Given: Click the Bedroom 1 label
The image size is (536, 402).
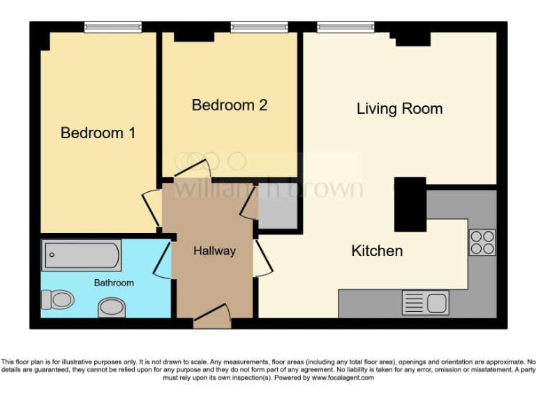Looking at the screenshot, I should tap(98, 133).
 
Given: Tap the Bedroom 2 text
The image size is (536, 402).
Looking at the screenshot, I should tap(230, 105).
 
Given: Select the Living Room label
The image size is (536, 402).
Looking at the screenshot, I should tap(399, 109).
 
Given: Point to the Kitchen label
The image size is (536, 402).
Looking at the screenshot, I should tap(377, 251).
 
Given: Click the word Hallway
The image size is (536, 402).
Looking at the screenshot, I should tap(214, 251).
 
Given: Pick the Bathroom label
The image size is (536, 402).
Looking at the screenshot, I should tap(114, 283).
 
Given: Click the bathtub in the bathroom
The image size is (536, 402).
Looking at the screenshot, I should tap(81, 255).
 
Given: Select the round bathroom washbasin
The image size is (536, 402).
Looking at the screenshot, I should tap(112, 307).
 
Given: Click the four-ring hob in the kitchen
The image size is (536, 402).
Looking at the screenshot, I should tap(482, 242).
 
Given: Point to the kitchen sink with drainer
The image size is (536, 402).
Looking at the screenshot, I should tap(425, 304).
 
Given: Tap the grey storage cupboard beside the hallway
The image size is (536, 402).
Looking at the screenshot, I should tap(276, 207).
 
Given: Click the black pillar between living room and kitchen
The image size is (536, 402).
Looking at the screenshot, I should tap(410, 204).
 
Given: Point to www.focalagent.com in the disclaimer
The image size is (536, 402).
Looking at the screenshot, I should tap(342, 378).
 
